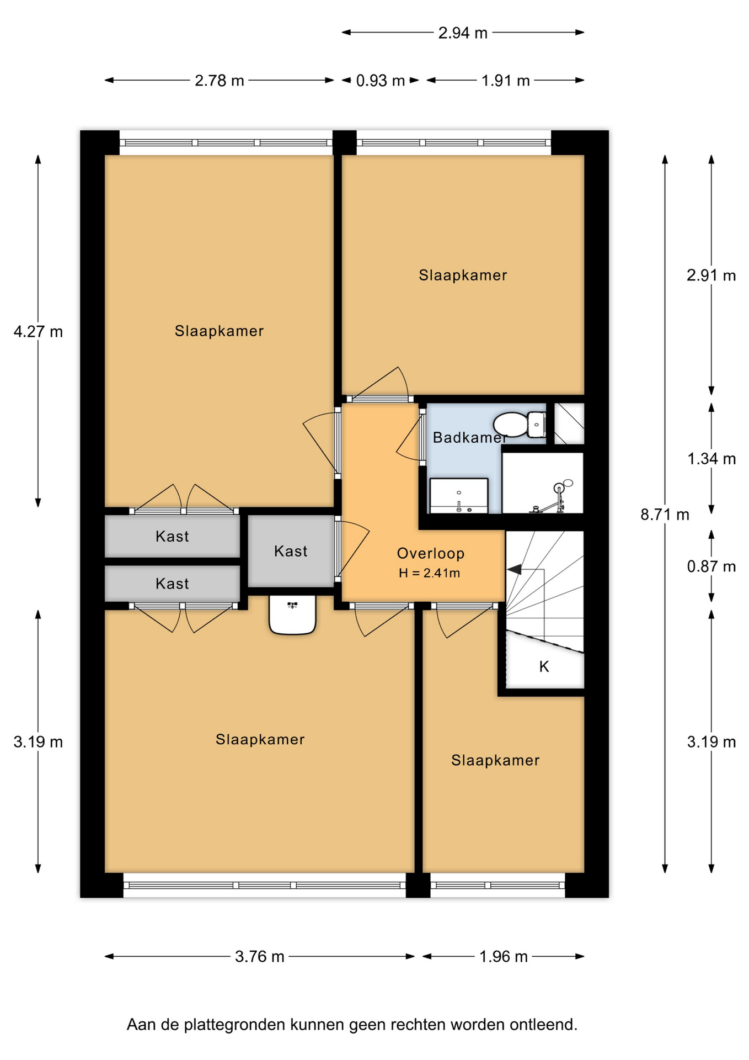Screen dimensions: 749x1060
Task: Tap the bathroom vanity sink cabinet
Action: click(459, 495)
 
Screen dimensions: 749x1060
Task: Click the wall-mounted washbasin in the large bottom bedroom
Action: click(292, 614)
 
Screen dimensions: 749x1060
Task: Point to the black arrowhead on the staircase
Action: click(514, 569)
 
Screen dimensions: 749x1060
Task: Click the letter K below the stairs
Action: click(544, 667)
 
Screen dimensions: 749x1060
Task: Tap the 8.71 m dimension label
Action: click(665, 515)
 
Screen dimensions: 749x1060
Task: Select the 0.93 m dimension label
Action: click(380, 81)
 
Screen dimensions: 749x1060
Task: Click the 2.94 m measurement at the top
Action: click(463, 33)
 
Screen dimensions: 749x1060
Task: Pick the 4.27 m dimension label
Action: click(38, 332)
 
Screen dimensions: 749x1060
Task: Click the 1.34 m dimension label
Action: click(711, 459)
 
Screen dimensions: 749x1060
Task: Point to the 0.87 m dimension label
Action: click(711, 566)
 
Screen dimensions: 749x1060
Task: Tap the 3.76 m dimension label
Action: click(260, 956)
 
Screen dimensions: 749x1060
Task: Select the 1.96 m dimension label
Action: click(504, 956)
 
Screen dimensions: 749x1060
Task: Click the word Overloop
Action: click(431, 553)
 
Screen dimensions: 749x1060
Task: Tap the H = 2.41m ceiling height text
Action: click(430, 573)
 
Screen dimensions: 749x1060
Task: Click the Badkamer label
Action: click(470, 438)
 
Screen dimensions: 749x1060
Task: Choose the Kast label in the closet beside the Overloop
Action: click(291, 551)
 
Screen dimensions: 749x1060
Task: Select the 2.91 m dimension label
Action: click(711, 275)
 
